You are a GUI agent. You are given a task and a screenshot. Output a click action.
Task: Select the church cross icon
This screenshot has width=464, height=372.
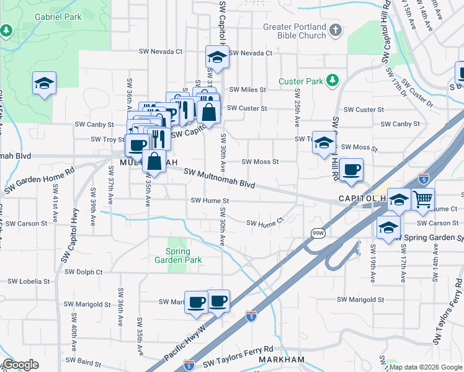click(x=336, y=30)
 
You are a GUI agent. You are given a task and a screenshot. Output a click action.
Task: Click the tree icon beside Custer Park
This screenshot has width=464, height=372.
click(x=332, y=80)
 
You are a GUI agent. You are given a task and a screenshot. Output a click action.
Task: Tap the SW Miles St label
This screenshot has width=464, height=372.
click(x=247, y=90)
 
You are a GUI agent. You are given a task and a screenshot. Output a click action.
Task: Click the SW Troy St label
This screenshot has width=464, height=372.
click(x=108, y=139)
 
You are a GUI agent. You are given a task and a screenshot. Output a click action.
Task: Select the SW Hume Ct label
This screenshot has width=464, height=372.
click(x=265, y=223)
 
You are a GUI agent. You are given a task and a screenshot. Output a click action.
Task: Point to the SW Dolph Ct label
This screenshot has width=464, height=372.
click(x=83, y=272)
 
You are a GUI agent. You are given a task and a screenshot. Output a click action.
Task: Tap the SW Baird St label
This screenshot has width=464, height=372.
click(x=83, y=360)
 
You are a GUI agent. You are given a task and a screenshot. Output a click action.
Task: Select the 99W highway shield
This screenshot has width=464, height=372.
click(x=316, y=232)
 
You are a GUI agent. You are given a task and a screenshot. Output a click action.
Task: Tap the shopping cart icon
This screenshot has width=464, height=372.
click(x=422, y=198)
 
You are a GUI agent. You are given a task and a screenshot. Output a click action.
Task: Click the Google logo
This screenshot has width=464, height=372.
click(x=20, y=365)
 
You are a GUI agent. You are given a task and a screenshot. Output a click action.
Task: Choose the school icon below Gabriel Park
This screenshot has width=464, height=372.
click(x=44, y=83)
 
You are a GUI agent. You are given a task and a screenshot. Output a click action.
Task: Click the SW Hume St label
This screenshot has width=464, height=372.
click(x=210, y=201)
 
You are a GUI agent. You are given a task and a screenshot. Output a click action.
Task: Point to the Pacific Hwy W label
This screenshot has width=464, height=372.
click(x=185, y=341)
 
